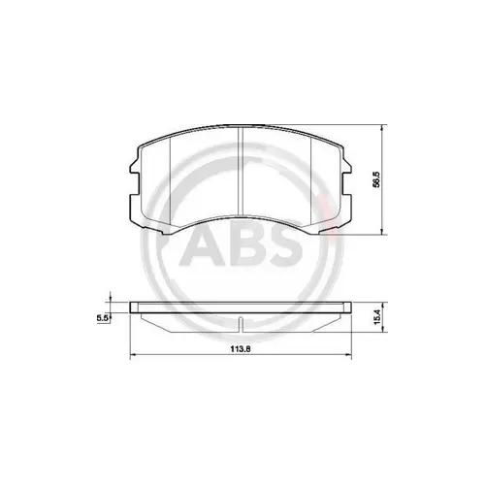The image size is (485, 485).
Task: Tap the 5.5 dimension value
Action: click(100, 314)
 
